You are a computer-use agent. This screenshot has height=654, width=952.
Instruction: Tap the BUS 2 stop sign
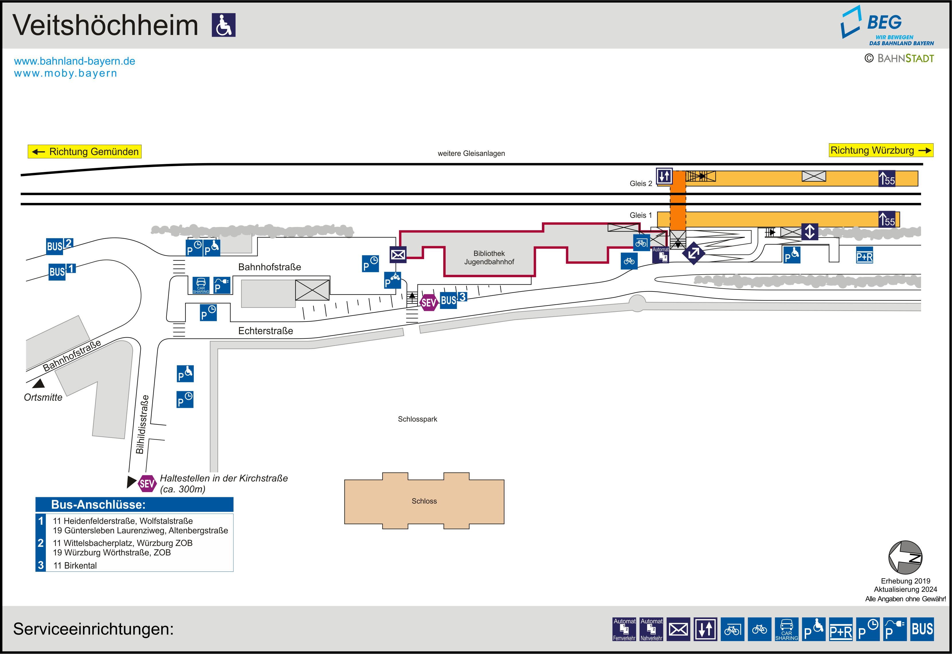[59, 245]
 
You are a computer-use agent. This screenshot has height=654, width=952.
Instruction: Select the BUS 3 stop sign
[453, 299]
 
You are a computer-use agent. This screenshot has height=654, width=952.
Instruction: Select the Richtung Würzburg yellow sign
[881, 150]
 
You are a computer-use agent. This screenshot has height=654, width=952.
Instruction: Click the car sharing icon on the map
[201, 285]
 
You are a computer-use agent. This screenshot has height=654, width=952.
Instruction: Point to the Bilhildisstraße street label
[142, 424]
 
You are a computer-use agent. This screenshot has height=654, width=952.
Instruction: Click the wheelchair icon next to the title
[223, 25]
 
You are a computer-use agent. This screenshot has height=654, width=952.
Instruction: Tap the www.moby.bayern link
[66, 73]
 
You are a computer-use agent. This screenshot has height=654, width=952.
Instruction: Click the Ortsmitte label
[43, 398]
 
